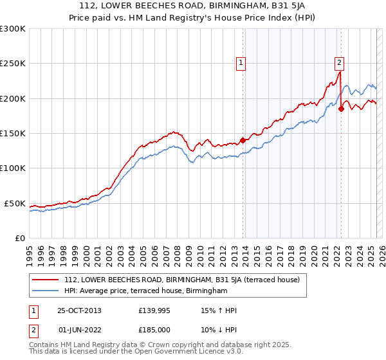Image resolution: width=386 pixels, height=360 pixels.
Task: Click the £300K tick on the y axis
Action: point(12,29)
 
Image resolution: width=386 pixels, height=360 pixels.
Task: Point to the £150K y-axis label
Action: point(12,134)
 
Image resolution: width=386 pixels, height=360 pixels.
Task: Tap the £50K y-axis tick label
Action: point(14,203)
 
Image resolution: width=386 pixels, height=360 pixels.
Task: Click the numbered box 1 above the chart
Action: point(241,63)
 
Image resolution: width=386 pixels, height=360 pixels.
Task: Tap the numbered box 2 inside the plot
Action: point(338,63)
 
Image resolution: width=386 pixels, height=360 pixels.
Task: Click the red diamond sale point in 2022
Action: point(341,109)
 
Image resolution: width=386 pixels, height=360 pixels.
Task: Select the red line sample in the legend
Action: point(46,280)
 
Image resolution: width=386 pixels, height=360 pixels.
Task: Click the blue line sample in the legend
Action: point(46,291)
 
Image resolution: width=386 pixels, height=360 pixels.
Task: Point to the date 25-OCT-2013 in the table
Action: point(79,310)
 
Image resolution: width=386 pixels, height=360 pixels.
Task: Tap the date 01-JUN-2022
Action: point(79,329)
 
